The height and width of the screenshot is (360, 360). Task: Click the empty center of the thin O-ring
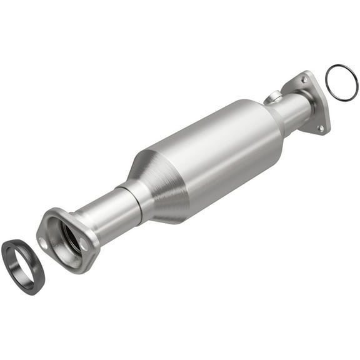click(x=342, y=82)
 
